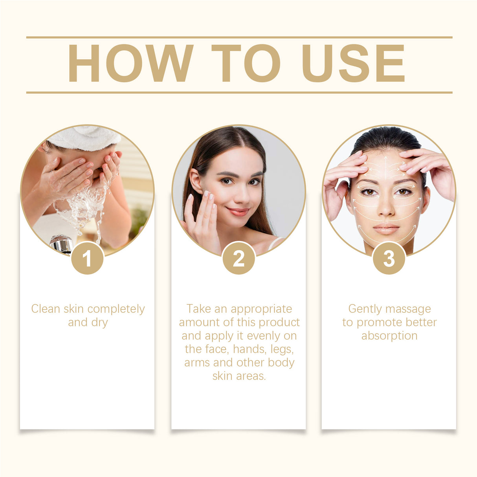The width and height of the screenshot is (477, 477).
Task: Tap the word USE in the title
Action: [353, 63]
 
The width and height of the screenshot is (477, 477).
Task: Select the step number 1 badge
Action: [87, 258]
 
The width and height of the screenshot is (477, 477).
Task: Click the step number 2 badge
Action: [238, 258]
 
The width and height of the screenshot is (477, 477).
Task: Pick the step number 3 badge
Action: [389, 258]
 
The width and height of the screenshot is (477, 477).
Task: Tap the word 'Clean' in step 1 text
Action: [46, 309]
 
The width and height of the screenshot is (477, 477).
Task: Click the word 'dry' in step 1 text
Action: [99, 323]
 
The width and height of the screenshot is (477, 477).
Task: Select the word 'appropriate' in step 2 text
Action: [261, 309]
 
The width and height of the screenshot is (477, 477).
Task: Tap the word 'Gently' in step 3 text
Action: [364, 309]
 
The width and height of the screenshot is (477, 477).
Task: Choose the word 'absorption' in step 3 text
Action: [389, 336]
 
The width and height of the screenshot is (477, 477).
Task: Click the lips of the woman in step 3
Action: [386, 229]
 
